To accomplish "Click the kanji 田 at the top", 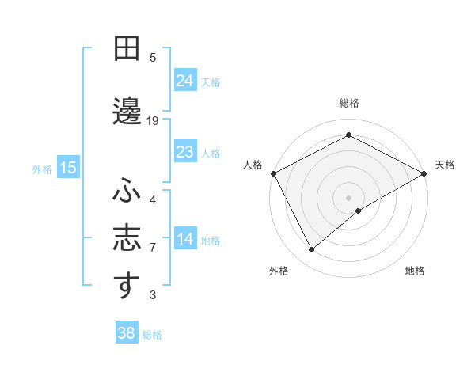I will pyautogui.click(x=127, y=49).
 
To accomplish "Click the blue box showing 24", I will pyautogui.click(x=185, y=80).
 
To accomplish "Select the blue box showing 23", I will pyautogui.click(x=185, y=151).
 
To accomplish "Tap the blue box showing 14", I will pyautogui.click(x=185, y=239).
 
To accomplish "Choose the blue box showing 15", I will pyautogui.click(x=68, y=168).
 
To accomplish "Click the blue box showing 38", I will pyautogui.click(x=127, y=333).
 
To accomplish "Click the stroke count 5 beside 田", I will pyautogui.click(x=153, y=57).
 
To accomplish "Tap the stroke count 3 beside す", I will pyautogui.click(x=153, y=295).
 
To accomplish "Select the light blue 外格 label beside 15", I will pyautogui.click(x=42, y=169).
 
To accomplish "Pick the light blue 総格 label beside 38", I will pyautogui.click(x=152, y=335).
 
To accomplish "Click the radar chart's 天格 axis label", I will pyautogui.click(x=445, y=165).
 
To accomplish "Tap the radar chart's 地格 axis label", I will pyautogui.click(x=415, y=271).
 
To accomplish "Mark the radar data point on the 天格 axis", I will pyautogui.click(x=424, y=173).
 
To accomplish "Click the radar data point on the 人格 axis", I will pyautogui.click(x=273, y=173).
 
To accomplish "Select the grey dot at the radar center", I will pyautogui.click(x=348, y=197).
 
